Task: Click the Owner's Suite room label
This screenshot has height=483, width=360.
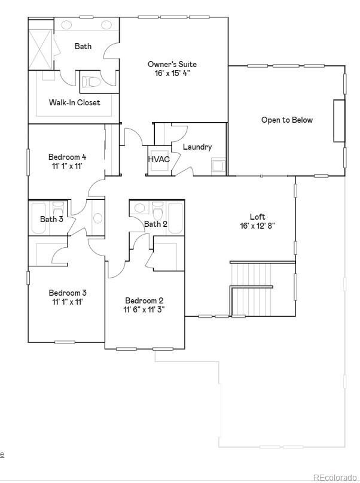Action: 172,64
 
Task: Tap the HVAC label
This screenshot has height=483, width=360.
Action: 158,159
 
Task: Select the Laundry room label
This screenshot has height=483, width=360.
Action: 197,147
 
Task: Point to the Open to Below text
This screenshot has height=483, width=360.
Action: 287,120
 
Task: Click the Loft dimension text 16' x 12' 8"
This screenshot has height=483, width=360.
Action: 257,226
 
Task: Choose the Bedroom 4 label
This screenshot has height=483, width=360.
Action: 68,157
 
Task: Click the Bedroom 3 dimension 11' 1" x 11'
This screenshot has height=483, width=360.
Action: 68,302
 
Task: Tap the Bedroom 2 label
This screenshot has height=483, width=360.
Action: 144,300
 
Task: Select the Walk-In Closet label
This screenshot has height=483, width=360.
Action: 75,102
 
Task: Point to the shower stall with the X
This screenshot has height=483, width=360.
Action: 41,50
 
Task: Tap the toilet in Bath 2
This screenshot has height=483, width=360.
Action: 157,209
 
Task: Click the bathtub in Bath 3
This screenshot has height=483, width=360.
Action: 39,217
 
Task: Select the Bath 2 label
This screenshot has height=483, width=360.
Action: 155,224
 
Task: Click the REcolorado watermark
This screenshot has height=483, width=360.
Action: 335,478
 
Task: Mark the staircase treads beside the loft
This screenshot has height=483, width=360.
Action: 251,289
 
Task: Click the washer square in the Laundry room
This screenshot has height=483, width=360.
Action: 218,166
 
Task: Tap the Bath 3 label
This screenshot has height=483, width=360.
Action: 51,219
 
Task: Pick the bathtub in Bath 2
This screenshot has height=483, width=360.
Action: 176,218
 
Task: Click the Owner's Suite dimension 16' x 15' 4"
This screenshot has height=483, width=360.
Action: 172,73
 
